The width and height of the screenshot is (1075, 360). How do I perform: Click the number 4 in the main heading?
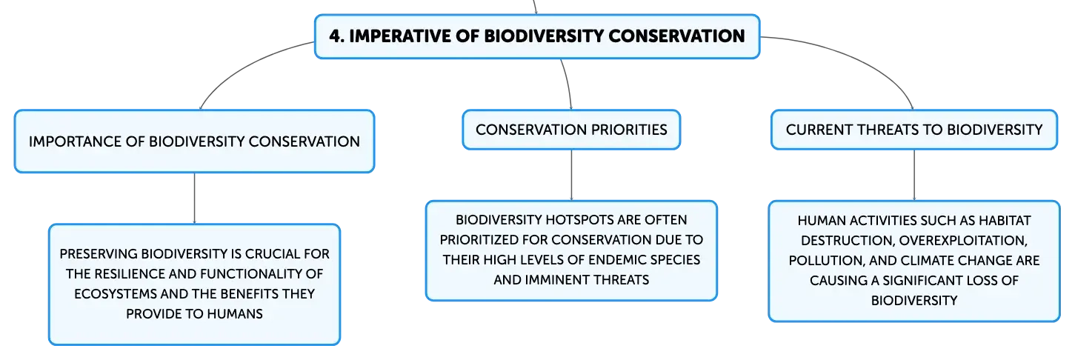[x=336, y=36]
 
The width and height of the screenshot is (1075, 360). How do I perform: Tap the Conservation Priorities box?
[x=571, y=130]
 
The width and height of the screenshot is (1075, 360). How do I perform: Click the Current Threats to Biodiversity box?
[x=913, y=130]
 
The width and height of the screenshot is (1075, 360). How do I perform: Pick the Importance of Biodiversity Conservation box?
[x=194, y=141]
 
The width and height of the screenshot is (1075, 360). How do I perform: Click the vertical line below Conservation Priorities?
[x=571, y=176]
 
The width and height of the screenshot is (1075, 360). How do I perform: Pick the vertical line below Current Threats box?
[x=913, y=176]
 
